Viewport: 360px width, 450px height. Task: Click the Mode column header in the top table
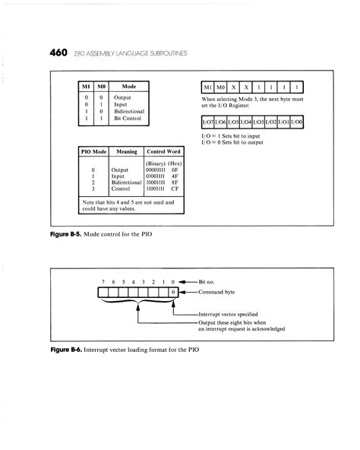click(x=129, y=87)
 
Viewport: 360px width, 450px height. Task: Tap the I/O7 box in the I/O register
click(x=207, y=122)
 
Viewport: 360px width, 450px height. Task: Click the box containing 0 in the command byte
click(x=173, y=291)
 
